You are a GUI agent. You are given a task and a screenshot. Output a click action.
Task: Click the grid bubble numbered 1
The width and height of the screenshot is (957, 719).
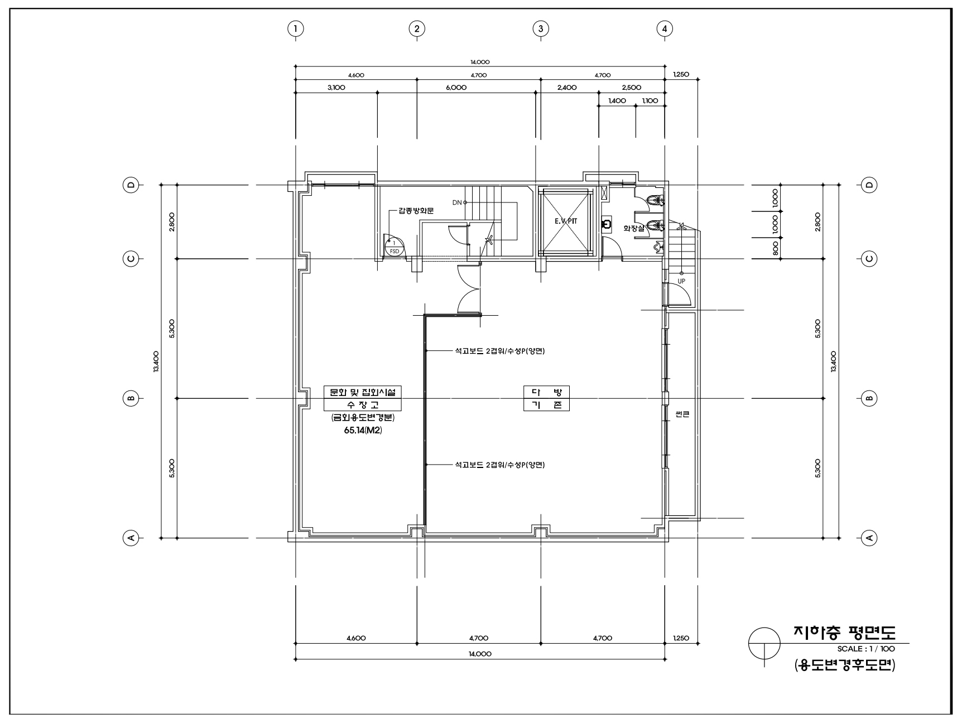point(295,28)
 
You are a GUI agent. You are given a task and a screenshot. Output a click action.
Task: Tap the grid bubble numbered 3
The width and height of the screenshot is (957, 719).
point(540,28)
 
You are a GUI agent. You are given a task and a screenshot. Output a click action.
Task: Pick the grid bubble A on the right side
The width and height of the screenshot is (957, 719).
point(869,538)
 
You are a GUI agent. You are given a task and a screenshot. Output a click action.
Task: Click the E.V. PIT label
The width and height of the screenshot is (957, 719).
point(566,221)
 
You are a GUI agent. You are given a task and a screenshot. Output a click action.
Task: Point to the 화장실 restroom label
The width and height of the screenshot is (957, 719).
point(634,228)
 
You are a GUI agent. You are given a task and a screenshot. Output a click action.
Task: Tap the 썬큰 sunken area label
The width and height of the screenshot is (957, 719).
point(682,414)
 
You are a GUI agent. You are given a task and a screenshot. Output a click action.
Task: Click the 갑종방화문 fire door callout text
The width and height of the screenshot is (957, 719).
point(416,211)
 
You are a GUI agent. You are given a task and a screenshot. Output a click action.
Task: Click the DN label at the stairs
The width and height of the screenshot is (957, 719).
point(457,202)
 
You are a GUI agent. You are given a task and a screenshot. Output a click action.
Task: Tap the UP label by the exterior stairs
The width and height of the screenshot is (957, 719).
point(681,281)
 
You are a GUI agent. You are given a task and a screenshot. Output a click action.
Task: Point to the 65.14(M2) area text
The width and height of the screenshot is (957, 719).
point(363,431)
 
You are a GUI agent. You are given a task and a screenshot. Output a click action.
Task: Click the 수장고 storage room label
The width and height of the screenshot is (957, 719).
point(363,405)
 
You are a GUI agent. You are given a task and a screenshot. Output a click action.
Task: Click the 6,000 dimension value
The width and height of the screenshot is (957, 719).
point(456,88)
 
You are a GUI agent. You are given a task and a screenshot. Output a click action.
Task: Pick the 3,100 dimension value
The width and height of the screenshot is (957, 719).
point(336,88)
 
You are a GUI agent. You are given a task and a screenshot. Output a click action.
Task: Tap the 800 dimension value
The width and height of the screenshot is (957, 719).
point(776,248)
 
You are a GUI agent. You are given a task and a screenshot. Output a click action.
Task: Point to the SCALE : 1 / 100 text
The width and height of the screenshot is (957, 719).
point(866,649)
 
